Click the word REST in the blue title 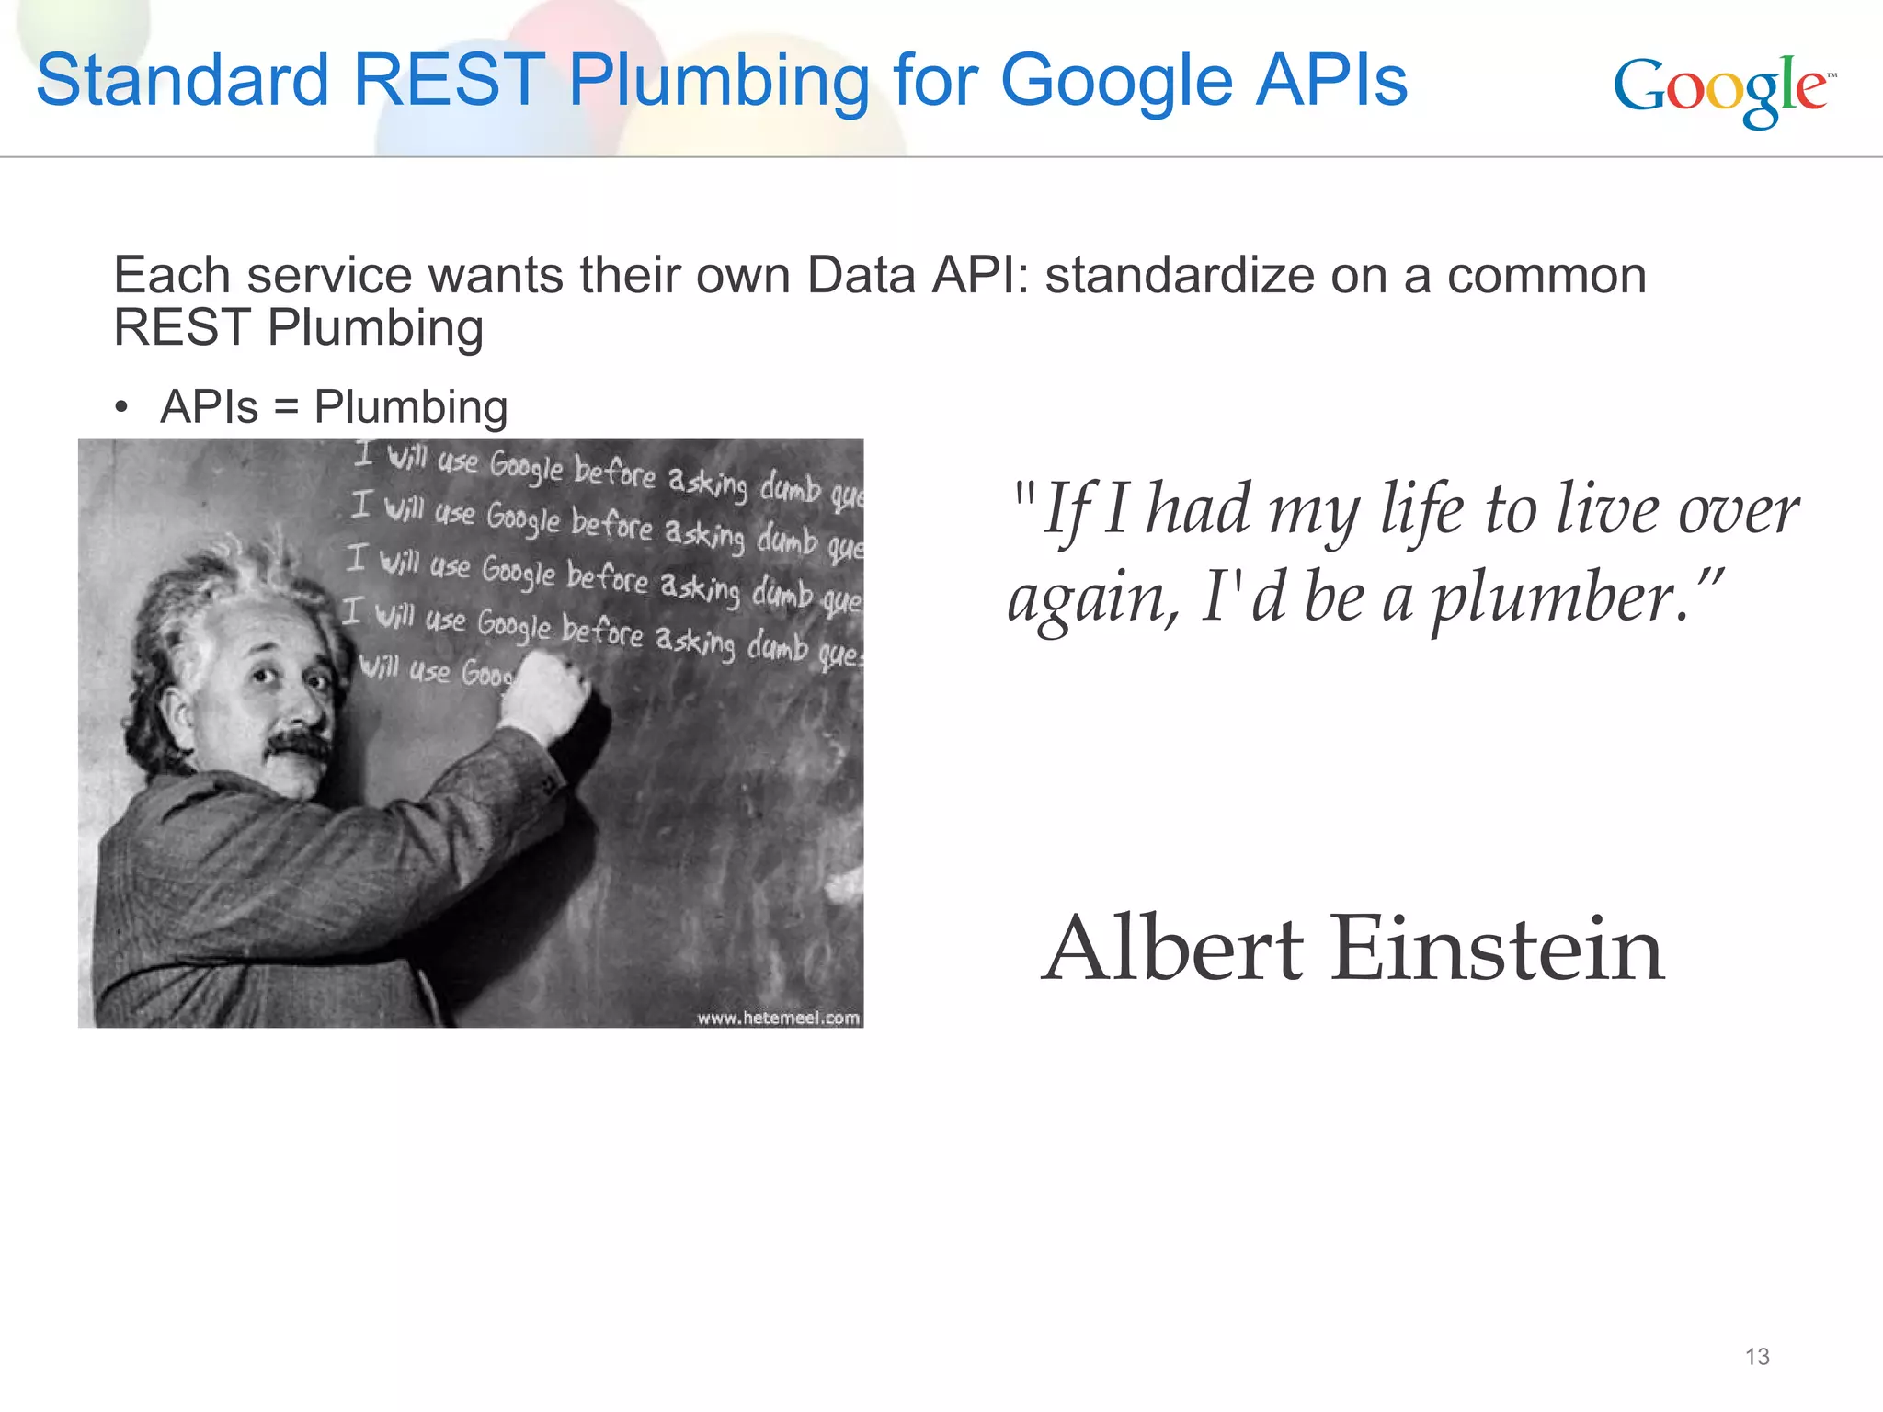point(449,80)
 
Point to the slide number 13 point(1757,1357)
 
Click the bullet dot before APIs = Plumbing point(121,408)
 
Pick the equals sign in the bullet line point(286,407)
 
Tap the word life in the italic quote point(1421,510)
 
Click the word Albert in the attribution point(1173,949)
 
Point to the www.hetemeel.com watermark point(778,1018)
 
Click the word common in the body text point(1546,276)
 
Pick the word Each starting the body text point(171,276)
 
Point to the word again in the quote point(1091,598)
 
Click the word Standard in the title point(182,80)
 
